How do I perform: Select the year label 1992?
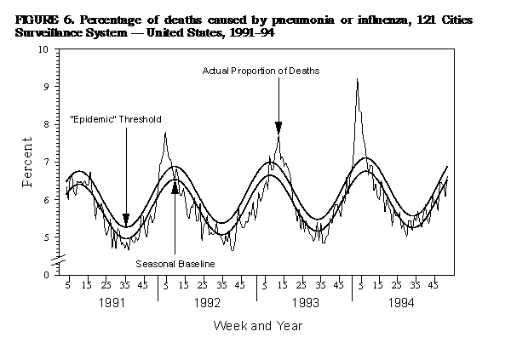click(x=207, y=301)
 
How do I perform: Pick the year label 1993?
click(x=304, y=301)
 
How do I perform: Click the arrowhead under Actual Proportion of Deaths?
click(x=278, y=128)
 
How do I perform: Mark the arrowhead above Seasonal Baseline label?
click(x=175, y=186)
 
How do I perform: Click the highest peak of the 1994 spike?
click(x=357, y=79)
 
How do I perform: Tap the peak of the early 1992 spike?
click(x=164, y=133)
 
